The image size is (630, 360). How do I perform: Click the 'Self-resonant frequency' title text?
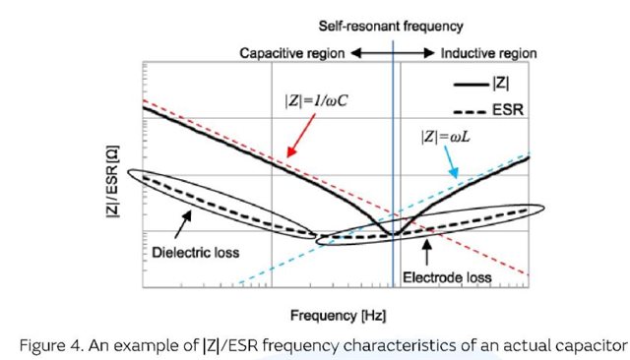click(x=391, y=27)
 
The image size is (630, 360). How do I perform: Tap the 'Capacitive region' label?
click(x=292, y=53)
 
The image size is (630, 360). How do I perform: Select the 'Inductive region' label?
click(x=488, y=53)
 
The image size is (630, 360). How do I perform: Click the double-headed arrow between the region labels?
click(x=393, y=52)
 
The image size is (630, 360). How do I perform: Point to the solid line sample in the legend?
click(x=471, y=85)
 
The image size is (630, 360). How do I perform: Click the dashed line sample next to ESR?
click(x=470, y=111)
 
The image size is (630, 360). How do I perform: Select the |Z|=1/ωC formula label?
click(x=316, y=100)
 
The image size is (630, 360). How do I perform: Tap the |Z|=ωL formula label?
click(x=445, y=137)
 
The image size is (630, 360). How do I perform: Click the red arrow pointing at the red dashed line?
click(x=301, y=135)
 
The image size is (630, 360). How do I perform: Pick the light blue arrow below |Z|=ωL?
click(x=451, y=161)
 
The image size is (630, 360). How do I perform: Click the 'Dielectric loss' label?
click(x=196, y=253)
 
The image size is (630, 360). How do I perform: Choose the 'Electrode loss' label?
click(x=447, y=277)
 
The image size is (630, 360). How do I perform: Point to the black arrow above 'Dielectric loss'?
click(x=183, y=224)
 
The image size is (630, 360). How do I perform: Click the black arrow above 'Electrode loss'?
click(x=426, y=252)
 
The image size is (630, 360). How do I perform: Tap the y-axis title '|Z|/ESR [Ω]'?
click(x=113, y=181)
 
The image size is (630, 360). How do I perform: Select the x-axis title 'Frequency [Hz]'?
click(x=338, y=316)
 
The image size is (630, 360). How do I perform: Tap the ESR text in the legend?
click(x=508, y=110)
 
